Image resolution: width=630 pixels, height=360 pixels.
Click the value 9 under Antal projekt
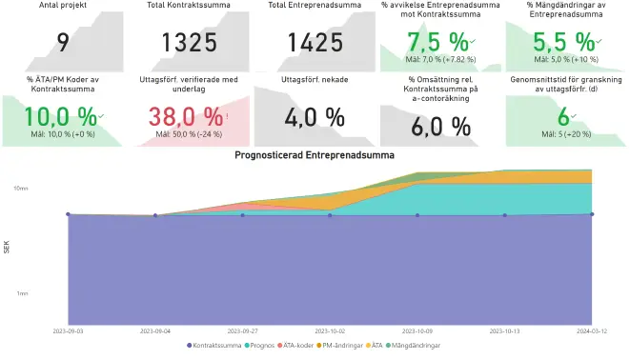pyautogui.click(x=63, y=42)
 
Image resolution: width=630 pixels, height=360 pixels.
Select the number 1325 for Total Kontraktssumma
pyautogui.click(x=189, y=42)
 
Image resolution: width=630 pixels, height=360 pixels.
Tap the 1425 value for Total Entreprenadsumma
pyautogui.click(x=315, y=42)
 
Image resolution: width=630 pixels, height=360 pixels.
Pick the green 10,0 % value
pyautogui.click(x=60, y=116)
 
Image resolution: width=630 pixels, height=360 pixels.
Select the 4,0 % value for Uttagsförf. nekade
pyautogui.click(x=315, y=117)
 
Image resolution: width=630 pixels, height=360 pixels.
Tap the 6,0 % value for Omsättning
pyautogui.click(x=440, y=126)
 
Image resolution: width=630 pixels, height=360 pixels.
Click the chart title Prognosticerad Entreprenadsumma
pyautogui.click(x=315, y=154)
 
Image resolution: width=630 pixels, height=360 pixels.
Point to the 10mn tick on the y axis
pyautogui.click(x=21, y=189)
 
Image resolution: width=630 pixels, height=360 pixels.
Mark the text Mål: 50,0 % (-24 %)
pyautogui.click(x=189, y=134)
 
